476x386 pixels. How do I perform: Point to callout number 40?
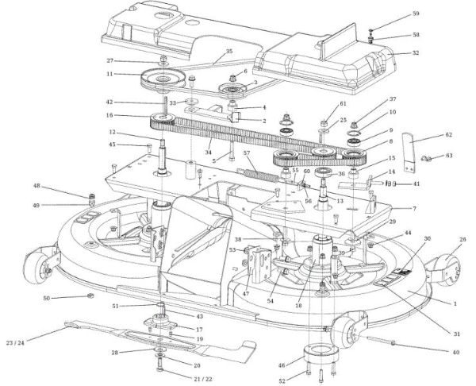coord(455,352)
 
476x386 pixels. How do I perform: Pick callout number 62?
coord(448,135)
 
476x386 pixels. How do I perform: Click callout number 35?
coord(228,52)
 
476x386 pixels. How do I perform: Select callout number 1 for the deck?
coord(455,304)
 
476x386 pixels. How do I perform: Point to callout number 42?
coord(110,102)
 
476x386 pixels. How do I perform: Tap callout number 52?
coord(280,381)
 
